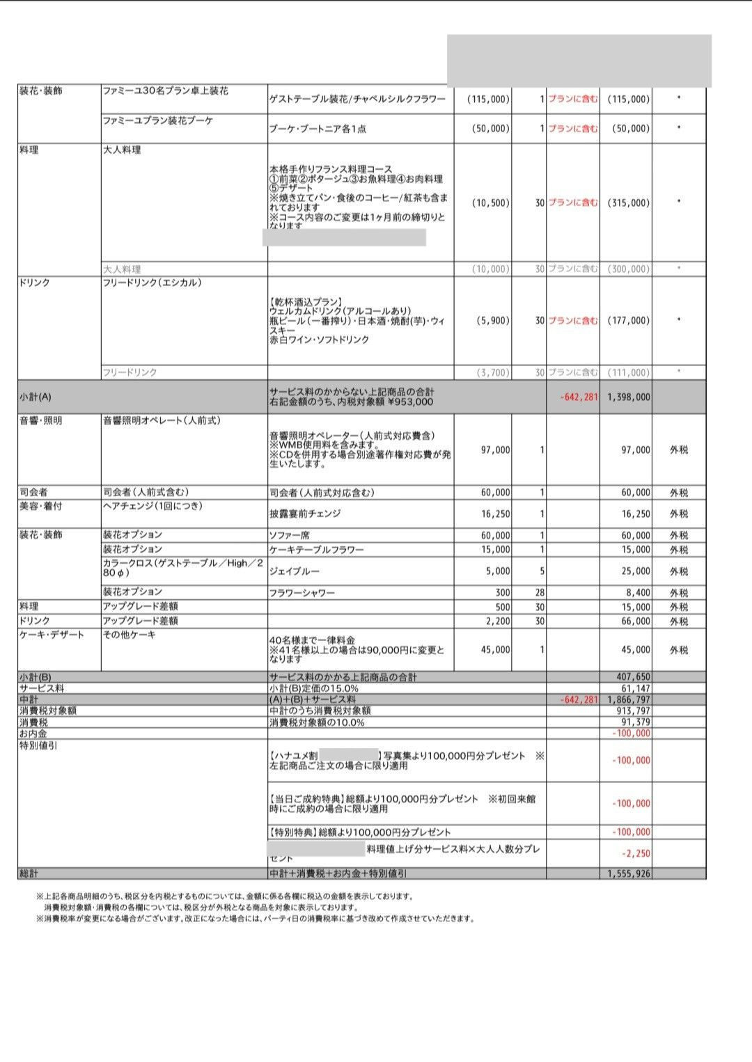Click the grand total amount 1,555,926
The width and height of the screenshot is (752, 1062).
click(x=629, y=873)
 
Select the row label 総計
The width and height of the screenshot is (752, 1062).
click(x=29, y=873)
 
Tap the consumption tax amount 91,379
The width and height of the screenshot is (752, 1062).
click(x=635, y=722)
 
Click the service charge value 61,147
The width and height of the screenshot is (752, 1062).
click(x=635, y=688)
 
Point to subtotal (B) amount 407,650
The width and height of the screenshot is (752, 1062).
click(x=633, y=676)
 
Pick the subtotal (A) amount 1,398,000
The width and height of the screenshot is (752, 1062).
click(x=629, y=397)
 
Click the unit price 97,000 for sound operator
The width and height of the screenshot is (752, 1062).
click(x=495, y=450)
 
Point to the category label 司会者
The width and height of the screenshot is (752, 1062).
click(x=33, y=492)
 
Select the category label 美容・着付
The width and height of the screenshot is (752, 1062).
click(x=38, y=506)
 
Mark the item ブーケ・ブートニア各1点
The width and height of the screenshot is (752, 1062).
click(x=318, y=129)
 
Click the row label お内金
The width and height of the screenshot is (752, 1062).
click(x=33, y=734)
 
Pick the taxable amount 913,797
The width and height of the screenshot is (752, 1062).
click(x=633, y=711)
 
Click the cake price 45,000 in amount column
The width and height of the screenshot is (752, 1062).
click(x=635, y=650)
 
